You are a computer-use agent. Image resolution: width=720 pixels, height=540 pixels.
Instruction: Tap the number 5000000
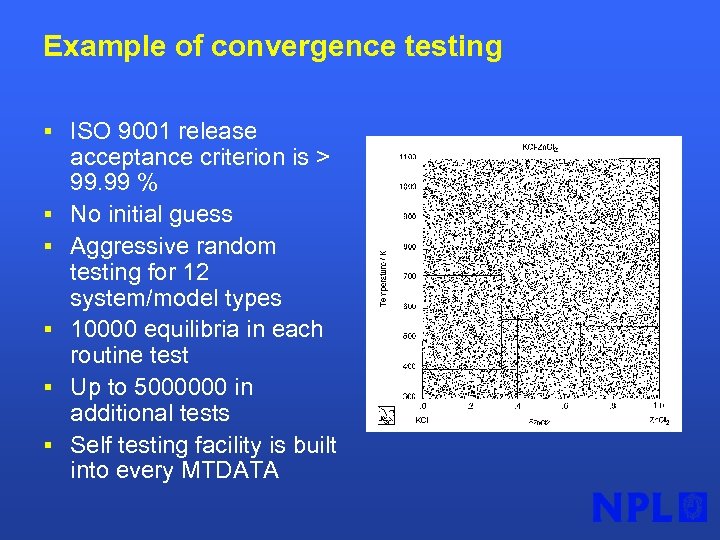[182, 387]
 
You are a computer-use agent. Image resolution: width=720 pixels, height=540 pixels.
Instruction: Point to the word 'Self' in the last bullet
[91, 445]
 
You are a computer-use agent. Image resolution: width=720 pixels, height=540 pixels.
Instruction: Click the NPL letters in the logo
[632, 508]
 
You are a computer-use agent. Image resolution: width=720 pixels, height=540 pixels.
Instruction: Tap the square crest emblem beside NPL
[693, 508]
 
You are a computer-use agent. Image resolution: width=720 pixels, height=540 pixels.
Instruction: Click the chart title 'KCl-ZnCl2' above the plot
[539, 148]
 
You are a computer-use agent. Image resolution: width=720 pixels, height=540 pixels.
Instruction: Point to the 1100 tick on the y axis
[407, 158]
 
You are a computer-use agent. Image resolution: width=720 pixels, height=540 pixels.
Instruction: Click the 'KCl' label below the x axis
[423, 420]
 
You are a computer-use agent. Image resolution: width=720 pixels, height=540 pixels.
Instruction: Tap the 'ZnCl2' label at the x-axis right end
[659, 420]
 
